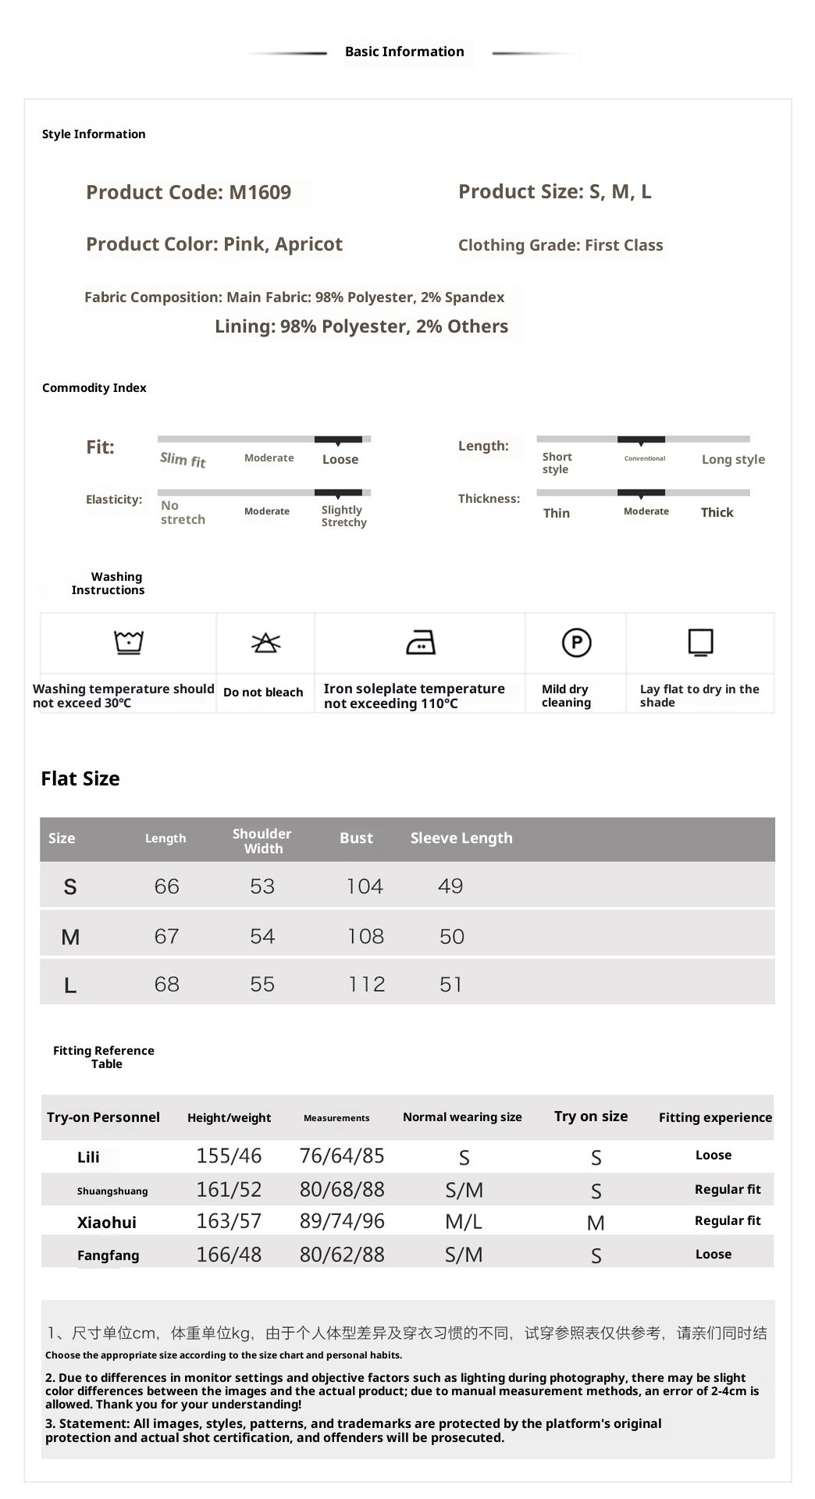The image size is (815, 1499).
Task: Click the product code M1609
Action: pos(260,193)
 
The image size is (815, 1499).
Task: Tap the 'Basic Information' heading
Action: pos(404,52)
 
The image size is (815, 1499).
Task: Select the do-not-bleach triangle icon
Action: pos(265,643)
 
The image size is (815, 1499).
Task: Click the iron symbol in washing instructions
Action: pos(421,643)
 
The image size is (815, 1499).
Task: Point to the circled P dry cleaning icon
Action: pos(576,643)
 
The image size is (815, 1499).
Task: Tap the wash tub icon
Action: pos(129,642)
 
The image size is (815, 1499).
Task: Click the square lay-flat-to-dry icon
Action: pos(700,643)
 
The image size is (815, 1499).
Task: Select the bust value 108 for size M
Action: pos(365,936)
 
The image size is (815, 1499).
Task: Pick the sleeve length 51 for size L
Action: pos(450,984)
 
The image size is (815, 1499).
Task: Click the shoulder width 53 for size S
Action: pos(262,886)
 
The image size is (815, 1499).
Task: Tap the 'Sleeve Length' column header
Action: pos(461,838)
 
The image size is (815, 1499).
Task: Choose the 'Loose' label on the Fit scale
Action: pos(340,460)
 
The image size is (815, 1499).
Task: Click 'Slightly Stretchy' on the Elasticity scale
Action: pos(343,516)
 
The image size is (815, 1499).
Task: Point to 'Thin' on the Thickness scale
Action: pos(557,513)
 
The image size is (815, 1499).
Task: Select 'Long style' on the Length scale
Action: pos(733,460)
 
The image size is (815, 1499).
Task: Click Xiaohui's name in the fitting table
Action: pos(107,1223)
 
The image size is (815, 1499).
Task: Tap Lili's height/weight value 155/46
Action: pos(229,1155)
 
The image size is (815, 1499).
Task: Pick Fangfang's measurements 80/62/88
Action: pos(342,1255)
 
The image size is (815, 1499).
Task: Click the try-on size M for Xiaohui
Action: pos(596,1223)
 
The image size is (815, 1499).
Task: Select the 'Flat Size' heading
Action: pos(80,778)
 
